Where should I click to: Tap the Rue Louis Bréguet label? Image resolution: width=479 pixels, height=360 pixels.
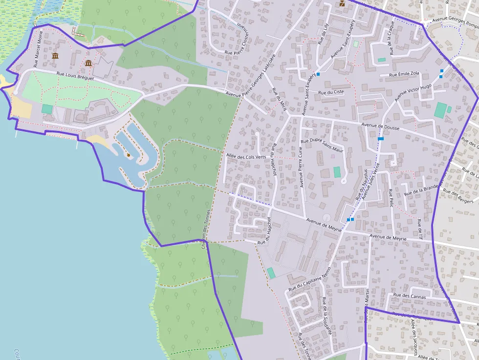pyautogui.click(x=74, y=76)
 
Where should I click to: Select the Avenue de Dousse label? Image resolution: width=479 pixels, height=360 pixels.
pyautogui.click(x=380, y=127)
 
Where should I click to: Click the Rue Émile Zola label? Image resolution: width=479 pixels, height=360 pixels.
pyautogui.click(x=404, y=74)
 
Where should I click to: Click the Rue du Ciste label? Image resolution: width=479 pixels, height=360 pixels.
pyautogui.click(x=331, y=92)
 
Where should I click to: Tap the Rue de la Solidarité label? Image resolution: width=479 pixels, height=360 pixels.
pyautogui.click(x=327, y=316)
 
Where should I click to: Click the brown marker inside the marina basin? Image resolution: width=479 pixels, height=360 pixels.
pyautogui.click(x=129, y=155)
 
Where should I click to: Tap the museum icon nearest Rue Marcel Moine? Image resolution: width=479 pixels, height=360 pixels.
pyautogui.click(x=55, y=56)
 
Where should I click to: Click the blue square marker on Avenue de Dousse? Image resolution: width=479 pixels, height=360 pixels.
pyautogui.click(x=381, y=139)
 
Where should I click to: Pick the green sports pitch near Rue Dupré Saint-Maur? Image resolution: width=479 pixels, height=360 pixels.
pyautogui.click(x=337, y=172)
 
